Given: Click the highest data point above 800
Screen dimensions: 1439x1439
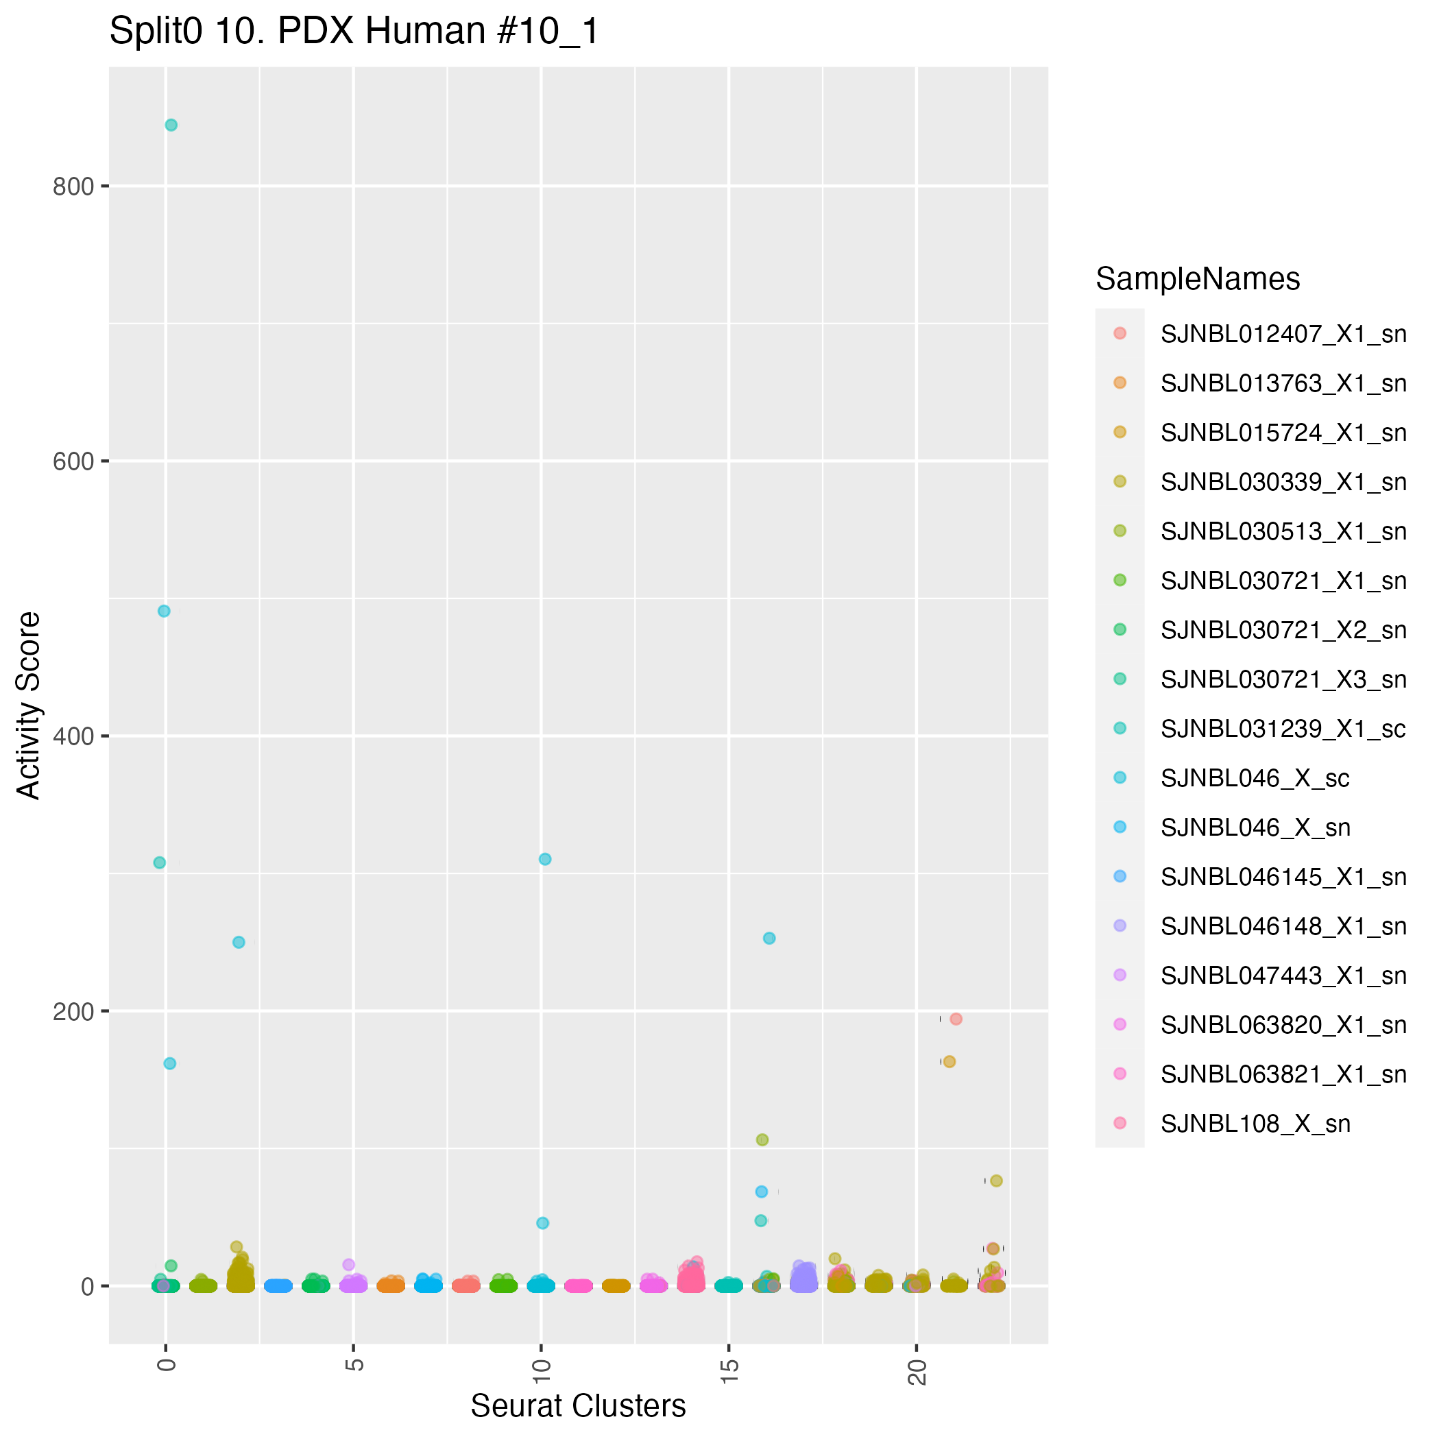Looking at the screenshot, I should (171, 125).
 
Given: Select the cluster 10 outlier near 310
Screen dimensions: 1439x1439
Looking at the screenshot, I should (545, 859).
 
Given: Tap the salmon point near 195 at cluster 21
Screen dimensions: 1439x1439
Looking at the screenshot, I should (956, 1019).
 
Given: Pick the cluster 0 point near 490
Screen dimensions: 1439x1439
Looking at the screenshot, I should (164, 611).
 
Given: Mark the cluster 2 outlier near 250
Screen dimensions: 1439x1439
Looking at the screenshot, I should (239, 942).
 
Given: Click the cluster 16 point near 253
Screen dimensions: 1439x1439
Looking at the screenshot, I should (769, 939).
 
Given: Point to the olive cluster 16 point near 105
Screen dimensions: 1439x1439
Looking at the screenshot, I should (762, 1139).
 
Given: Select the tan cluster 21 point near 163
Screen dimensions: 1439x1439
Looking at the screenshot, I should (949, 1061).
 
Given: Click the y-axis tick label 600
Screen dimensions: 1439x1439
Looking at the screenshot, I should (73, 462).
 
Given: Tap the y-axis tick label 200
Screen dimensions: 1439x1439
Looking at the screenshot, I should (73, 1011).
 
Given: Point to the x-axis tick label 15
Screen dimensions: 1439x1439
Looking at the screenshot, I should (729, 1369).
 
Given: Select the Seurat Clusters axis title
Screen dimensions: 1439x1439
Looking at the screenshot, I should (578, 1406).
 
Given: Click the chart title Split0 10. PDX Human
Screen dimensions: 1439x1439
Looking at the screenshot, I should (354, 32).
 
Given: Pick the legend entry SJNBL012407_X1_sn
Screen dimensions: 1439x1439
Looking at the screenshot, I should (1283, 334).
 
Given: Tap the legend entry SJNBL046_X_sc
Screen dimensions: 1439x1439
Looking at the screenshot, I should (1255, 778).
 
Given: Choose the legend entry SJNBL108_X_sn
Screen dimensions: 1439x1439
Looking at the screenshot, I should (1255, 1124).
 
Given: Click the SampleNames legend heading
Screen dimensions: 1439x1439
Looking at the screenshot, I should (1198, 279).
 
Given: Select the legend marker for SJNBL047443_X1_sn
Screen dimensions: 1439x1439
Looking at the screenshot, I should (1120, 975).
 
